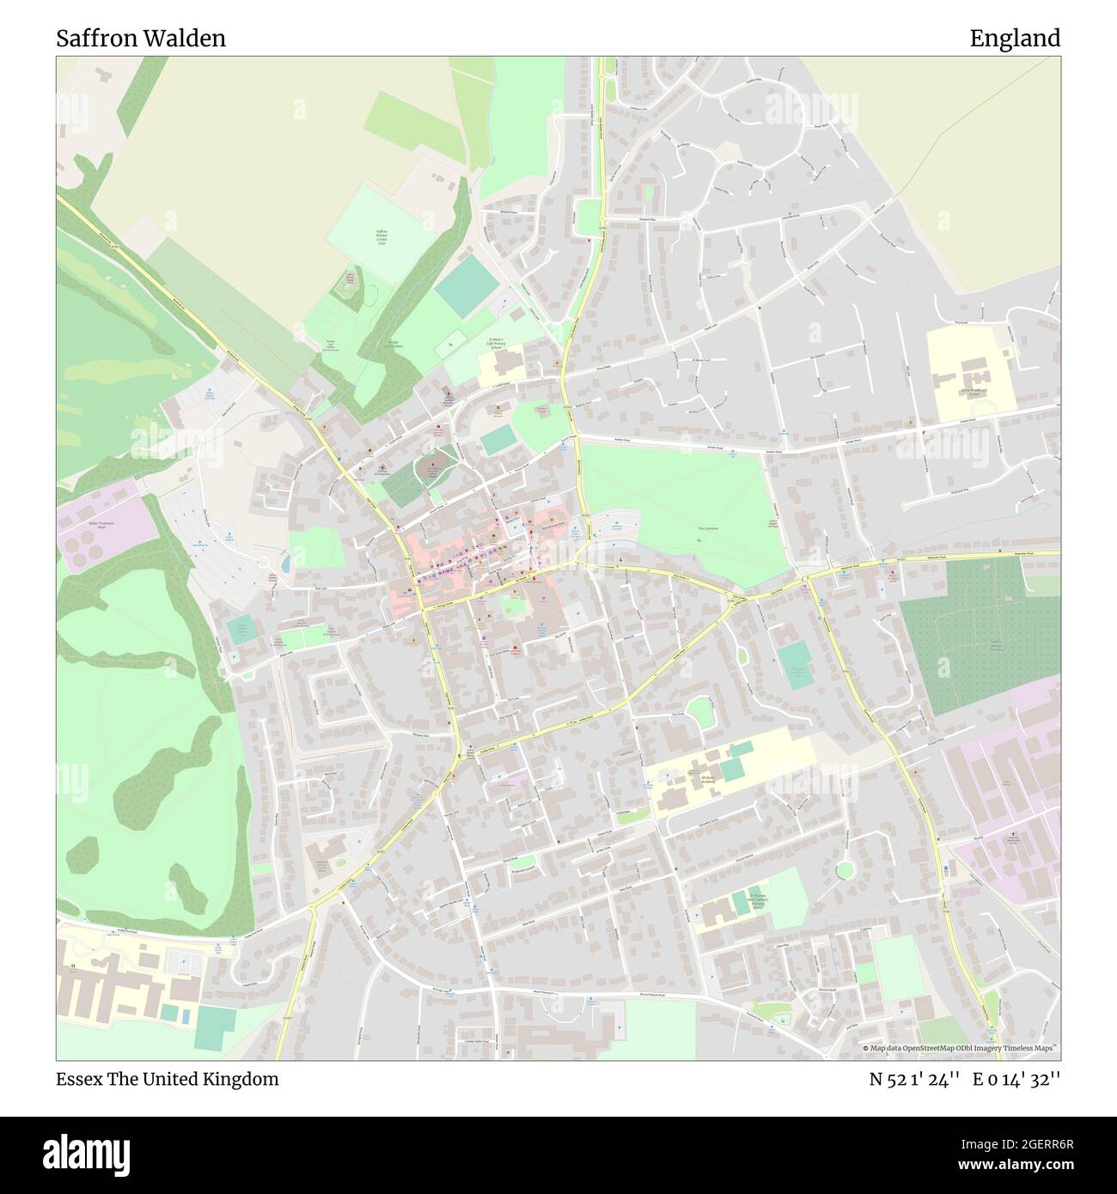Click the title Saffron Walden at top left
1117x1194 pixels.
click(x=141, y=39)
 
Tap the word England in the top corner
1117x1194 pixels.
click(x=1015, y=39)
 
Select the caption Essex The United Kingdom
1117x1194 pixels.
click(x=168, y=1079)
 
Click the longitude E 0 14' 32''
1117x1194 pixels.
click(x=1016, y=1079)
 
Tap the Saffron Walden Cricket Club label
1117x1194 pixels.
click(x=382, y=237)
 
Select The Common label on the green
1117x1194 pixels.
click(x=707, y=529)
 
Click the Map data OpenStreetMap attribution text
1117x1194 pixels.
click(x=961, y=1048)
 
